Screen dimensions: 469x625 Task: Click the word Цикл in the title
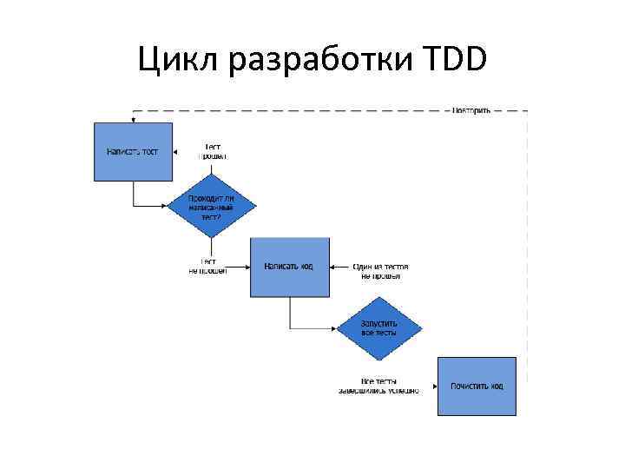pyautogui.click(x=179, y=60)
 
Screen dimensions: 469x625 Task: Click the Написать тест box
pyautogui.click(x=133, y=151)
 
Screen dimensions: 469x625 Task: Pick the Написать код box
pyautogui.click(x=290, y=267)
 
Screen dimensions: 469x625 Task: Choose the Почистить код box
pyautogui.click(x=477, y=386)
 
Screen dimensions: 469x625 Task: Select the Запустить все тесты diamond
pyautogui.click(x=378, y=327)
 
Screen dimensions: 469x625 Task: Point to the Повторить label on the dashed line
pyautogui.click(x=471, y=110)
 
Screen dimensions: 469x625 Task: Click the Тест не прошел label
pyautogui.click(x=208, y=267)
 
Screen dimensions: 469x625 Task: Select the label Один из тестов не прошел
pyautogui.click(x=380, y=271)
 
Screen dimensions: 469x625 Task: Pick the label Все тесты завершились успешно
pyautogui.click(x=378, y=386)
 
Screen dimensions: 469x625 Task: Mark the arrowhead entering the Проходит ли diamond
pyautogui.click(x=169, y=206)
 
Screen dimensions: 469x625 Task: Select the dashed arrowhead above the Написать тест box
pyautogui.click(x=133, y=119)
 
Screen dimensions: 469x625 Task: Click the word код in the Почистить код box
pyautogui.click(x=495, y=386)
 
